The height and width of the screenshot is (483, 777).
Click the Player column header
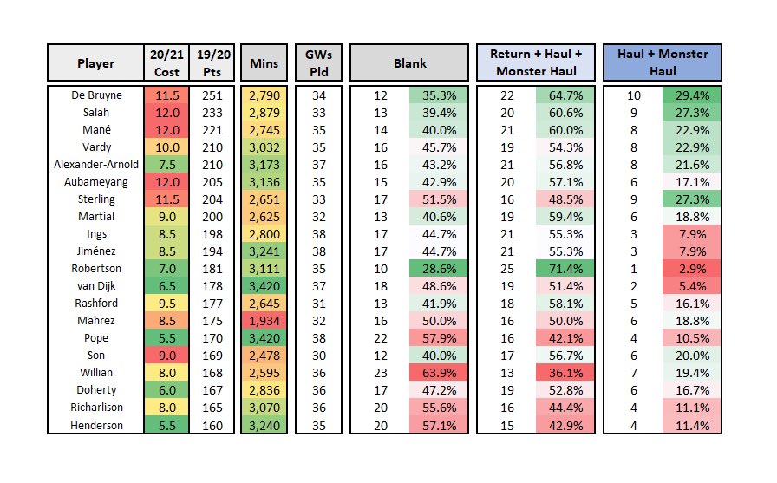(x=95, y=63)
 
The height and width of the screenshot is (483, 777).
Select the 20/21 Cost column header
(x=166, y=63)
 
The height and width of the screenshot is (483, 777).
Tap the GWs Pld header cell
(x=314, y=63)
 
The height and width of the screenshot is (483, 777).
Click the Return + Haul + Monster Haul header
(x=536, y=63)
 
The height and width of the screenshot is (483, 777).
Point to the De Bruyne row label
(x=95, y=94)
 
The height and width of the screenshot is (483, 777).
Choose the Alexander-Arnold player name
(x=95, y=165)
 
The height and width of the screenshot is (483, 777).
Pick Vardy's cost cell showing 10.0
(x=166, y=147)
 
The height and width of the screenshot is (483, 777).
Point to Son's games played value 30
(x=314, y=355)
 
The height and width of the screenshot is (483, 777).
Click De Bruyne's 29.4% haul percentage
(x=692, y=94)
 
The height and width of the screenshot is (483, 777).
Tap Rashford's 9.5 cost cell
(x=166, y=304)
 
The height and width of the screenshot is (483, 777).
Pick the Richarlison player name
(x=95, y=407)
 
